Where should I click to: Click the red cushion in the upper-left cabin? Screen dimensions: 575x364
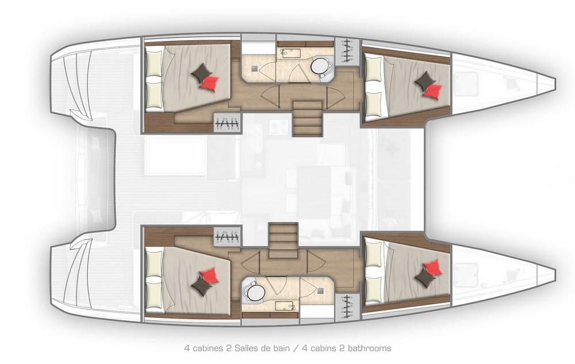click(x=210, y=83)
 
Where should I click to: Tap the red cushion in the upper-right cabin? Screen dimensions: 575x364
click(x=433, y=90)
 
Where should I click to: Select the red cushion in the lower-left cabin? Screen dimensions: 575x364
click(x=209, y=275)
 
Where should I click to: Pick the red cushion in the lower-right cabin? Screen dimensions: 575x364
click(x=433, y=267)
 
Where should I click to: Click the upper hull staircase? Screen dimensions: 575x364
click(x=307, y=118)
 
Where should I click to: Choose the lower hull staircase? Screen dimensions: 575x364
click(x=283, y=240)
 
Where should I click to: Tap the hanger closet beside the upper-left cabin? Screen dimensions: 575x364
click(x=228, y=122)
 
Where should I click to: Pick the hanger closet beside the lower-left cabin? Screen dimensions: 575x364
click(x=228, y=236)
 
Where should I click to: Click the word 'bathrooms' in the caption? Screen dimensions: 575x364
click(x=369, y=348)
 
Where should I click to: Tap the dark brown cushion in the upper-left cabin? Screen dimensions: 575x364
click(x=201, y=72)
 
